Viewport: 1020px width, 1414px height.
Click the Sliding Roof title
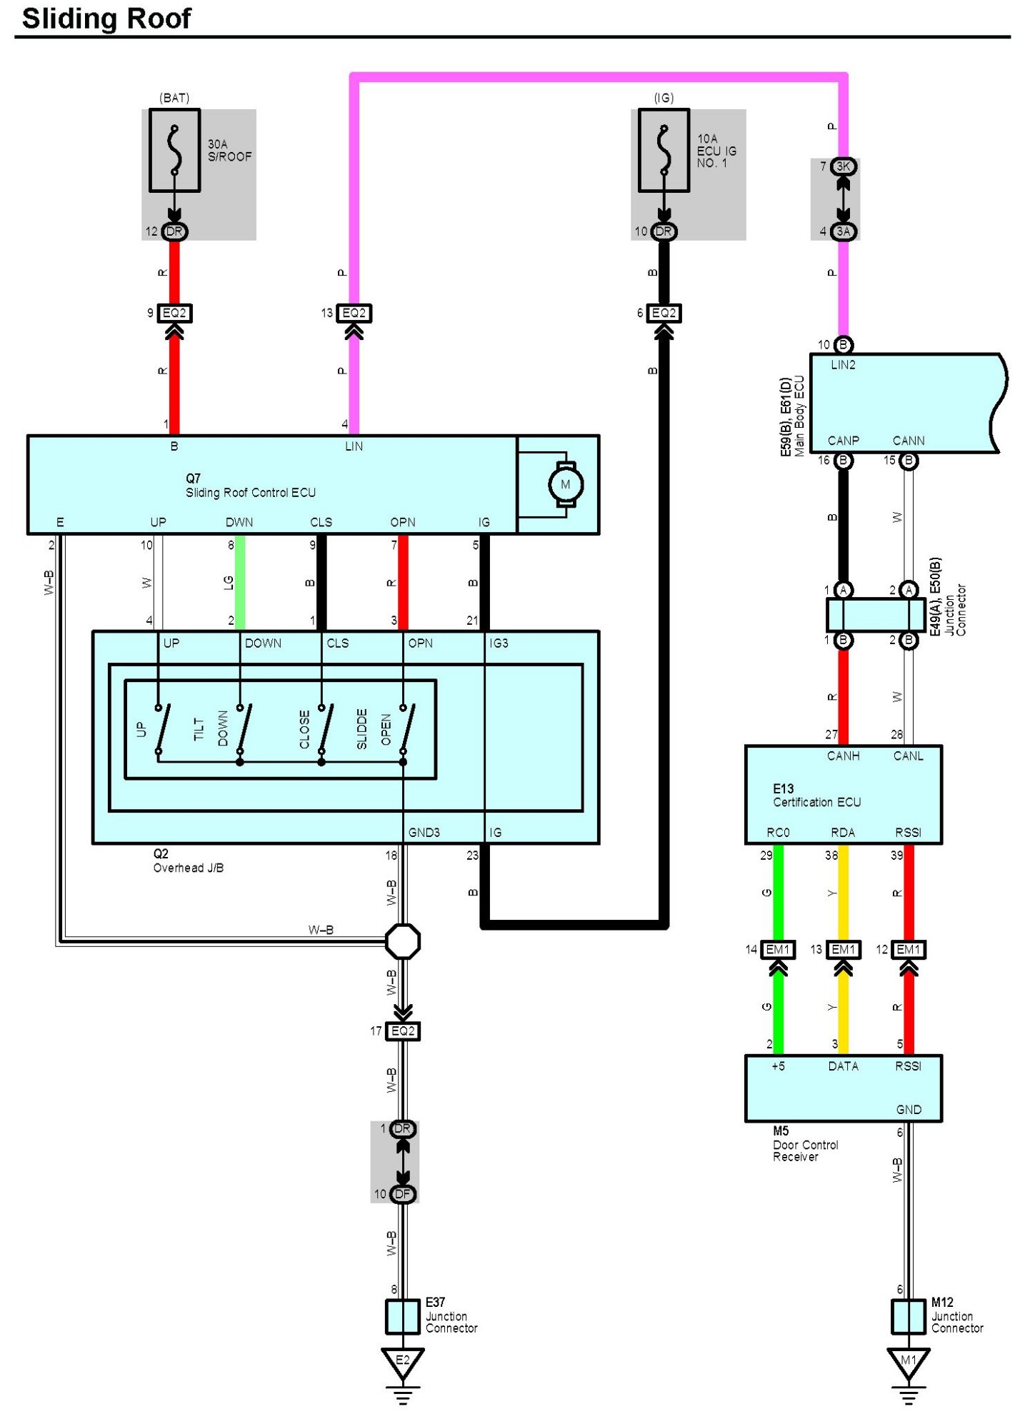[x=106, y=19]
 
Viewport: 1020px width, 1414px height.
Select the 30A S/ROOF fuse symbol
[x=174, y=151]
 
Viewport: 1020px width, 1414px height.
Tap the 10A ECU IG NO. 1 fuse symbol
[x=664, y=151]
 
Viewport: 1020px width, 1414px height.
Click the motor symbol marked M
[x=565, y=485]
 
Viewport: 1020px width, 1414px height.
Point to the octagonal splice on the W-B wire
[x=403, y=941]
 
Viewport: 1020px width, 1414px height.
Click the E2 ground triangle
[x=403, y=1361]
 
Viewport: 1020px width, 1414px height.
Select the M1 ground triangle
[x=908, y=1361]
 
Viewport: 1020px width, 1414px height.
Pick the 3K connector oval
[x=844, y=166]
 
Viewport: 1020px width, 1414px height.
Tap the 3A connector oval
[x=844, y=231]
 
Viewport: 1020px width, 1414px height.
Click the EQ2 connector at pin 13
[x=354, y=313]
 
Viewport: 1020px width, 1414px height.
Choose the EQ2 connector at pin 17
[x=403, y=1031]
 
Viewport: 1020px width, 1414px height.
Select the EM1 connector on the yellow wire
[x=843, y=950]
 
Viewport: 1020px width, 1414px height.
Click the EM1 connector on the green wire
[x=778, y=950]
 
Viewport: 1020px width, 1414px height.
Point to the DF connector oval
[x=403, y=1194]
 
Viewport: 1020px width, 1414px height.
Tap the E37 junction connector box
[x=403, y=1316]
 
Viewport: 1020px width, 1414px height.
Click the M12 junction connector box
[x=908, y=1316]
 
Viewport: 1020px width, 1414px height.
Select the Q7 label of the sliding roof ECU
[x=193, y=478]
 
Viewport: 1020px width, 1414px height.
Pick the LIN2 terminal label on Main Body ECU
[x=843, y=365]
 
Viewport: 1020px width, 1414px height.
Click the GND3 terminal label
[x=424, y=833]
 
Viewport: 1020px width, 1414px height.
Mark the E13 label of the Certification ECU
[x=783, y=789]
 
